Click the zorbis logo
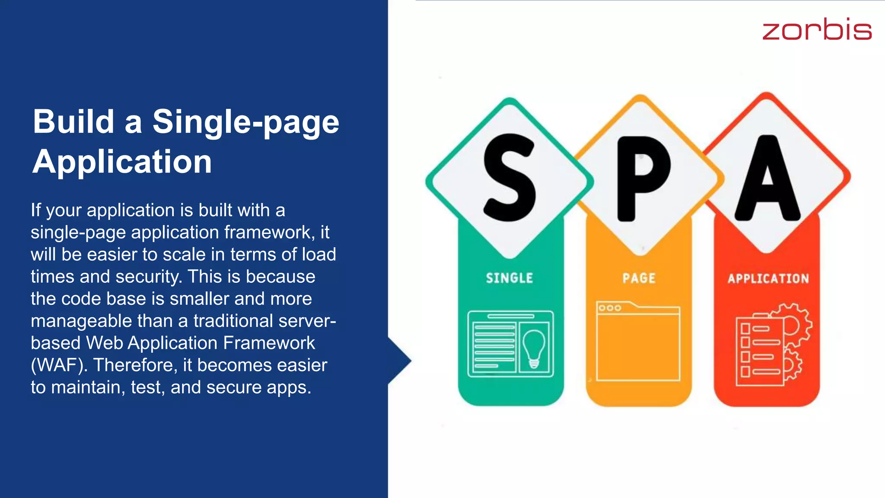(817, 29)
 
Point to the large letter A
(767, 178)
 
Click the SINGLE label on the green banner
(509, 278)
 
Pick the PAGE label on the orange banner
(639, 278)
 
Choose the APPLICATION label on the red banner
(768, 278)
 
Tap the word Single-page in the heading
(245, 122)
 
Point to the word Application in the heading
(122, 162)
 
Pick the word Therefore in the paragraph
(133, 365)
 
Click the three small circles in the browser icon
(610, 308)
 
